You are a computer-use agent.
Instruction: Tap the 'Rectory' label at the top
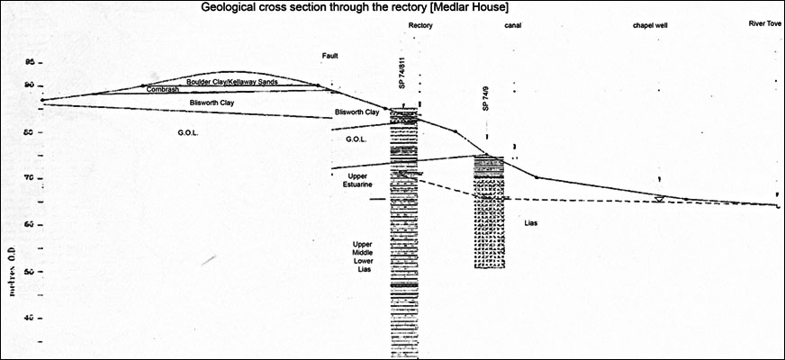[420, 26]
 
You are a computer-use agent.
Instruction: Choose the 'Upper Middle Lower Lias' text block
[365, 256]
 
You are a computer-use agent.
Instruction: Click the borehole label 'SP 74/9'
[485, 100]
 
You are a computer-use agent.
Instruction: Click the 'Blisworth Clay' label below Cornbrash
[212, 103]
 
